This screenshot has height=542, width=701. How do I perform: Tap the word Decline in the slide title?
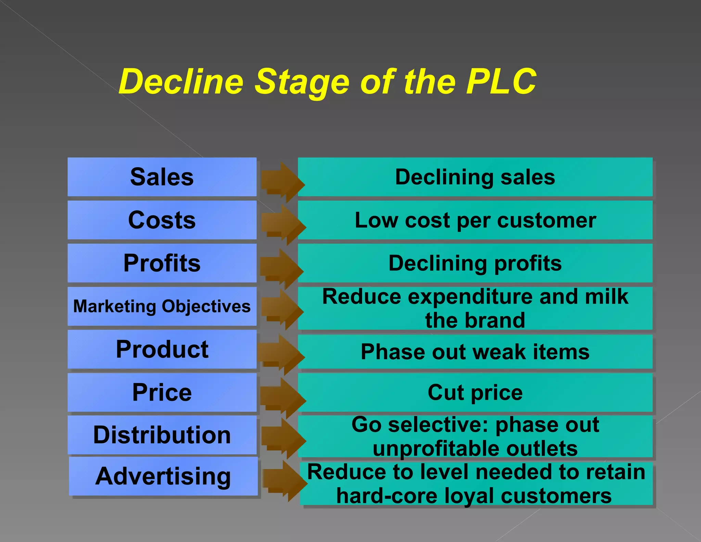coord(181,82)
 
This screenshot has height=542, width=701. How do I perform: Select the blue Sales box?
coord(162,177)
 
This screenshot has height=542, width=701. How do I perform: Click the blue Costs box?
coord(162,220)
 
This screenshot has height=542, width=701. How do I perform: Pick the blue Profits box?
coord(162,263)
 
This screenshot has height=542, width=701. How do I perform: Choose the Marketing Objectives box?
coord(162,306)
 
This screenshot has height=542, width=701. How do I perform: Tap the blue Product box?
coord(162,349)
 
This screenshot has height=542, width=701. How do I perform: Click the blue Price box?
coord(162,392)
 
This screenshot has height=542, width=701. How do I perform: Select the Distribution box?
coord(162,435)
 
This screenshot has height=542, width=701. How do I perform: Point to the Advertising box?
coord(163,476)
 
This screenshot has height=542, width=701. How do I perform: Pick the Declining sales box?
coord(475,177)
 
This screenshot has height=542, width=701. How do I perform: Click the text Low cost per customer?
coord(475,220)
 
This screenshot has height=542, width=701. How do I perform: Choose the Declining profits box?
coord(475,263)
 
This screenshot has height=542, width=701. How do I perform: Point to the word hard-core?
coord(387,496)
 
